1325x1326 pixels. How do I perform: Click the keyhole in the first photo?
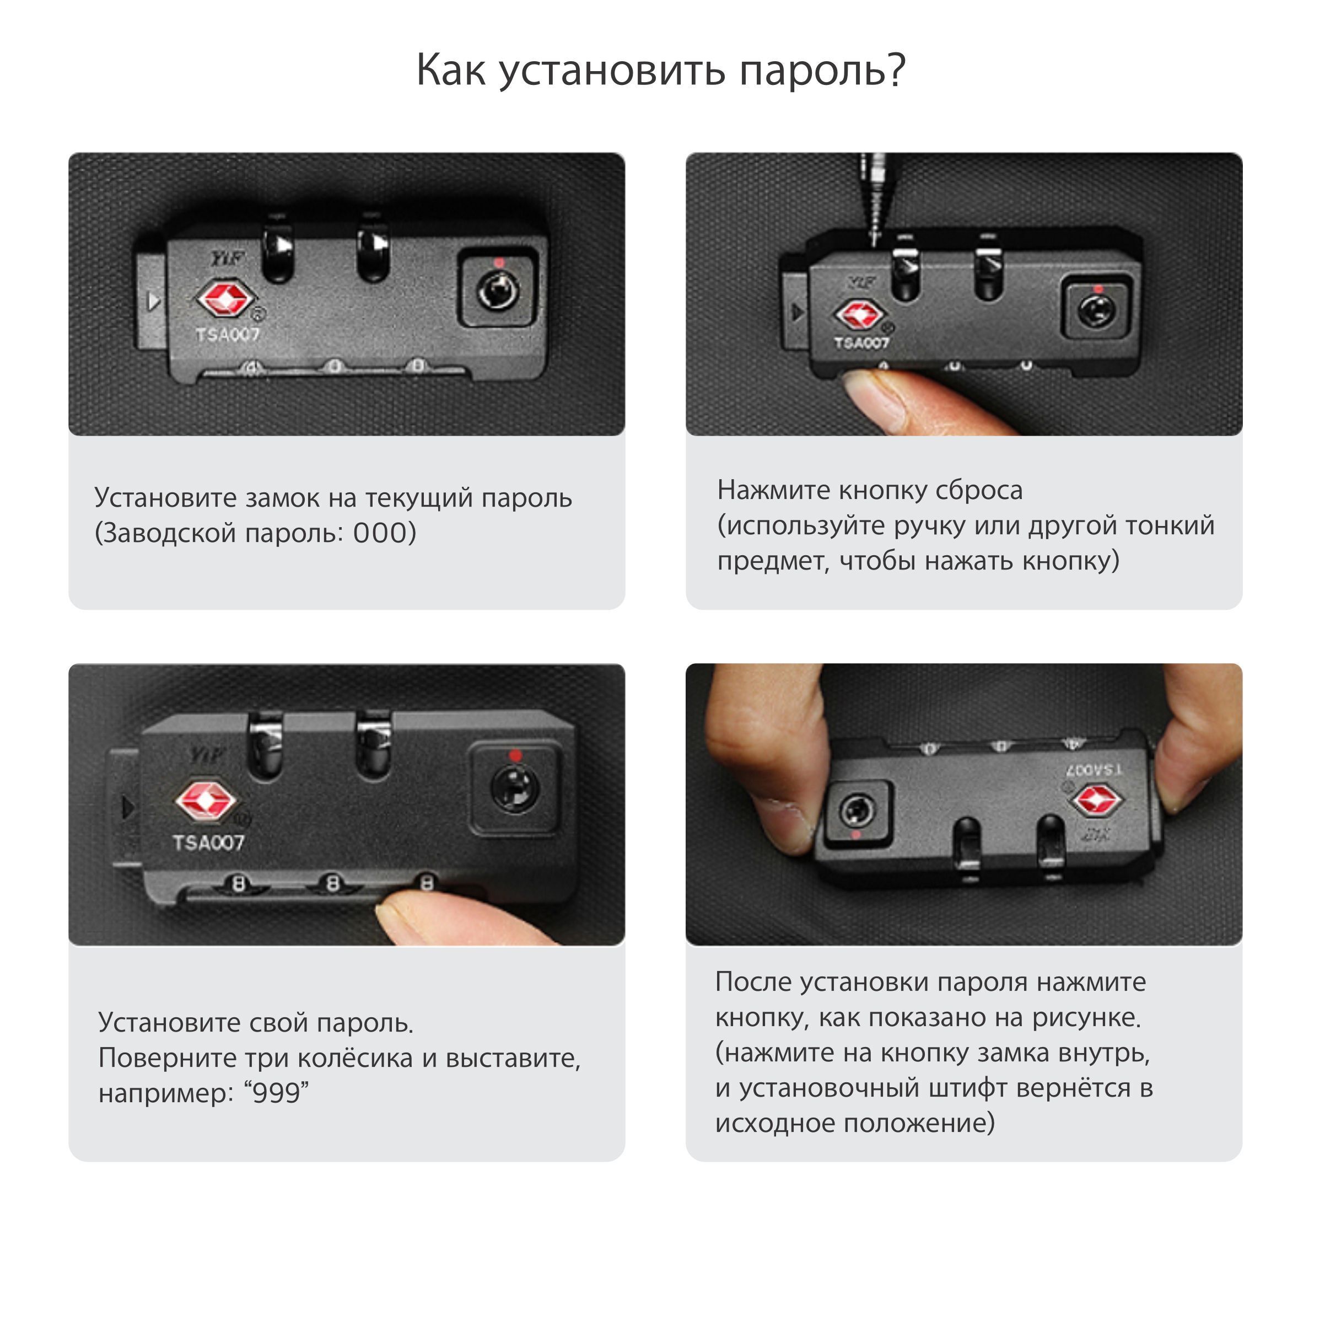point(498,291)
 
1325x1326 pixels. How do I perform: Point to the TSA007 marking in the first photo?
point(228,334)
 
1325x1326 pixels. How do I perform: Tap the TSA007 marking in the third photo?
point(208,843)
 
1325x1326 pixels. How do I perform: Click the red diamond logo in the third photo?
point(207,801)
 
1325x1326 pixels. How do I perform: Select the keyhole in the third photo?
point(515,790)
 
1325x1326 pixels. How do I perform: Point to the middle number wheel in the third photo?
point(333,884)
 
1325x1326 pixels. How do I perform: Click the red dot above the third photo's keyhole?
point(515,755)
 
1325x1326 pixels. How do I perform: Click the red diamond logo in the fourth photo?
point(1098,800)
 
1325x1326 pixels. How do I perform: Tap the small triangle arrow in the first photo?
point(154,301)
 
